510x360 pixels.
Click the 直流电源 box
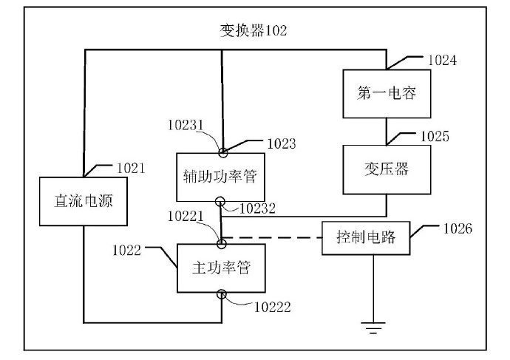84,201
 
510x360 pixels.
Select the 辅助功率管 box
220,177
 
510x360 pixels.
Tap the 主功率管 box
221,268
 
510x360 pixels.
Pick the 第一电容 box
387,94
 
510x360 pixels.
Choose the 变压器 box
387,169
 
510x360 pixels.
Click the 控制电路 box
366,238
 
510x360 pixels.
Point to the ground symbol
373,327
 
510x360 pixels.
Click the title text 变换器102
254,31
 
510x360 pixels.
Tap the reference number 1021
131,168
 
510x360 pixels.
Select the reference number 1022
126,251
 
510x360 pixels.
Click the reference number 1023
282,143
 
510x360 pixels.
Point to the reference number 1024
442,61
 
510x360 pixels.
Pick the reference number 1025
435,137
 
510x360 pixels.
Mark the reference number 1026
458,229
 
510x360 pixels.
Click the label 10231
186,125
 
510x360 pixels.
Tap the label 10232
257,208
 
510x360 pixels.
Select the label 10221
186,217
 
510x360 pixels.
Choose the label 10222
272,308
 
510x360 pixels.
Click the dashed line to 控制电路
272,238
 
